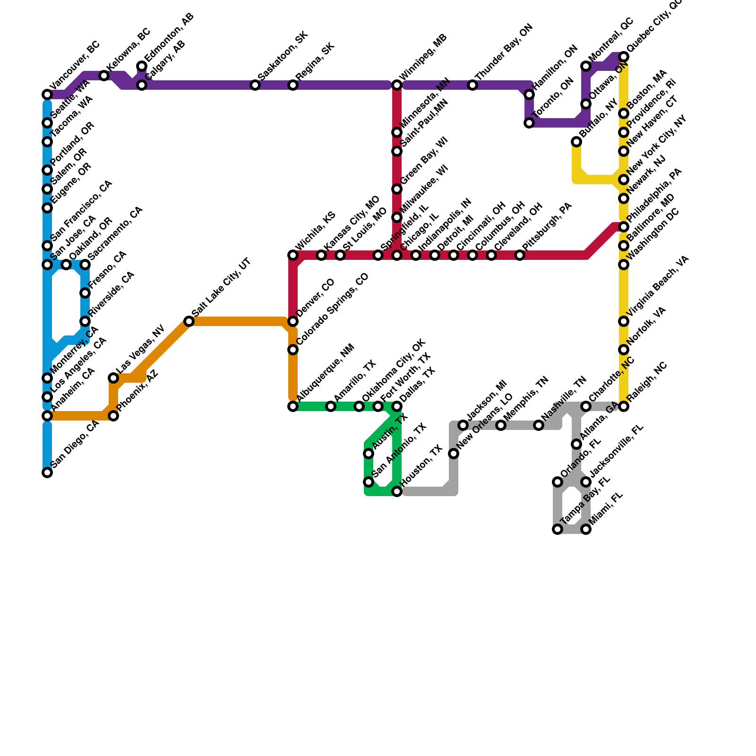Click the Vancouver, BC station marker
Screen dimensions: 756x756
pyautogui.click(x=47, y=94)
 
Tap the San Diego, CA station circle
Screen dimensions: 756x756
pyautogui.click(x=47, y=472)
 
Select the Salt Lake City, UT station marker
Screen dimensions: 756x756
pyautogui.click(x=189, y=321)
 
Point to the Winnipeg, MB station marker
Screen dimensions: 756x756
pyautogui.click(x=397, y=85)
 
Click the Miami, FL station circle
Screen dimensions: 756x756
pyautogui.click(x=586, y=529)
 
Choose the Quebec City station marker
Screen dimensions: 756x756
pyautogui.click(x=624, y=57)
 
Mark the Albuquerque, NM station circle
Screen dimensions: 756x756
pyautogui.click(x=293, y=406)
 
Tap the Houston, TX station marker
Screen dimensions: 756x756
pyautogui.click(x=397, y=491)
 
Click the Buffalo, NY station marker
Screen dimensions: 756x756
pyautogui.click(x=576, y=142)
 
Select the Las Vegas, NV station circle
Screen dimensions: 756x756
pyautogui.click(x=113, y=378)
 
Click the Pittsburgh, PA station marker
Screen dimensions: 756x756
pyautogui.click(x=520, y=255)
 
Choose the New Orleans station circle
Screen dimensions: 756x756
pyautogui.click(x=454, y=454)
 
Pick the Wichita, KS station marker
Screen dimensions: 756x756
pyautogui.click(x=293, y=255)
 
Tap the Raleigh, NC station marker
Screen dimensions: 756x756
pyautogui.click(x=624, y=406)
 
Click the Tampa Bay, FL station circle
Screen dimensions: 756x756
pyautogui.click(x=558, y=529)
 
